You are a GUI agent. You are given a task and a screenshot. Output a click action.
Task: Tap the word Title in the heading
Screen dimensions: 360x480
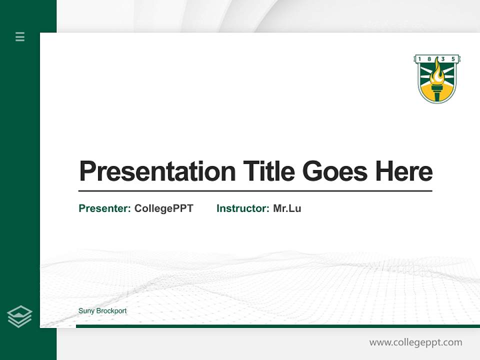(x=268, y=171)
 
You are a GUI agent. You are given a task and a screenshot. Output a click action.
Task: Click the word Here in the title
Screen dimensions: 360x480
(x=403, y=171)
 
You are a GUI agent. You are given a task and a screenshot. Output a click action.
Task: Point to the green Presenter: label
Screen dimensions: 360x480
(x=104, y=208)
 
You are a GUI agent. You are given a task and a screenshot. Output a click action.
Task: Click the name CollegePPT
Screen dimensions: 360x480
(x=163, y=208)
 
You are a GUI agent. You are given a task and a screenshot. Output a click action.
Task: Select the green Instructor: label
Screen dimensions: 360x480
(x=242, y=208)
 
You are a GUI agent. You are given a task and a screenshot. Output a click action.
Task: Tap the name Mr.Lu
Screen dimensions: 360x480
(x=287, y=208)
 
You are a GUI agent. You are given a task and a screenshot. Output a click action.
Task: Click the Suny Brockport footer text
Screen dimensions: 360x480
(x=102, y=311)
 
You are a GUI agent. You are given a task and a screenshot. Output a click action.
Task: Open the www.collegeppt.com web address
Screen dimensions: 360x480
(x=415, y=342)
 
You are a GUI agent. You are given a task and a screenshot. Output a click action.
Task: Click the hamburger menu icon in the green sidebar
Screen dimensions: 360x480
(x=20, y=36)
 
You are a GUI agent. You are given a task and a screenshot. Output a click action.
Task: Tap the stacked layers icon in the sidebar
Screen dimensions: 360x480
(x=19, y=316)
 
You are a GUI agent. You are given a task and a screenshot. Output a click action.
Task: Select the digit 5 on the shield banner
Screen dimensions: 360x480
(x=453, y=59)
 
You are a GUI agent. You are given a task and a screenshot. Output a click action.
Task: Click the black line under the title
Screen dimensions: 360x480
(x=255, y=191)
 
